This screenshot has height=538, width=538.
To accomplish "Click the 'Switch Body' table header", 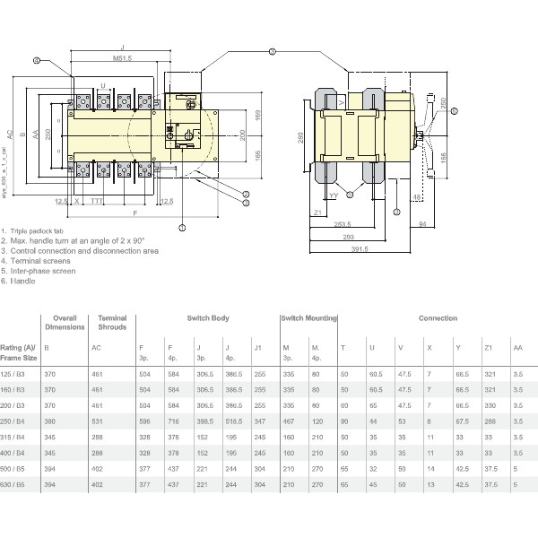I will (x=207, y=318).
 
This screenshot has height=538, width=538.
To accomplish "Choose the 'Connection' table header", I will (x=437, y=318).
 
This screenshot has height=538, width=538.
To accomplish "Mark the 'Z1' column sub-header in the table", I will (x=489, y=347).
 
